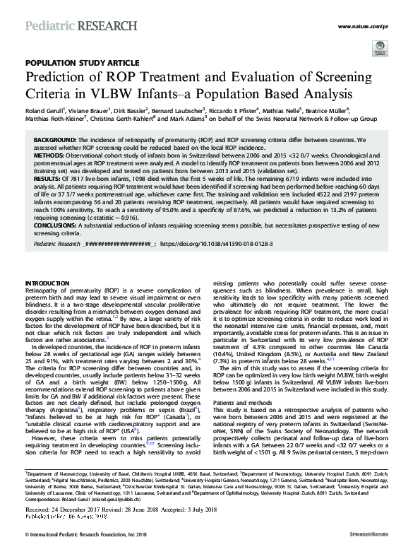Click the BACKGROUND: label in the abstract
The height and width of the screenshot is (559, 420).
coord(56,141)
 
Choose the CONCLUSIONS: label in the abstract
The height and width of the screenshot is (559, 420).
coord(58,228)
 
